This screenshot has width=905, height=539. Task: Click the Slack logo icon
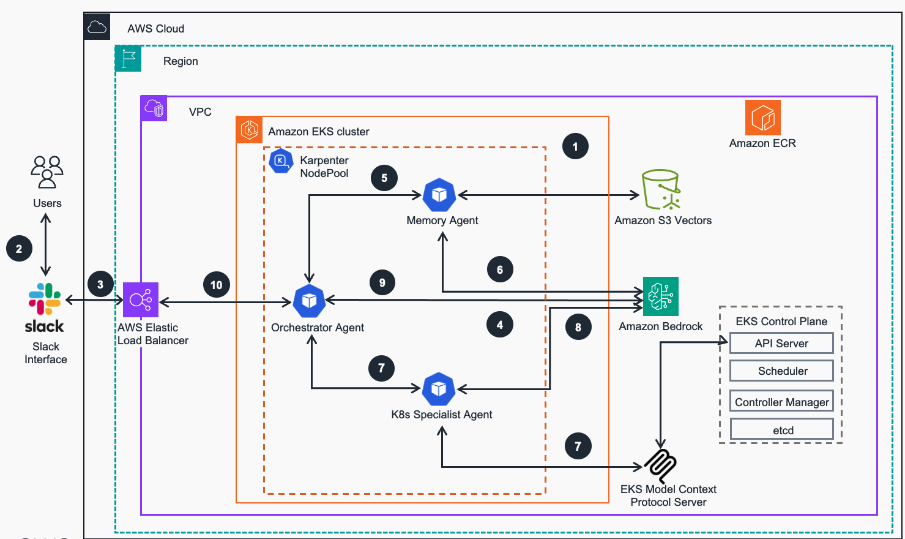pos(45,299)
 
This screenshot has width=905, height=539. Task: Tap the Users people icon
pos(47,171)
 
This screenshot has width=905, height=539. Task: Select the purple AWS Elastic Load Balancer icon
pos(141,300)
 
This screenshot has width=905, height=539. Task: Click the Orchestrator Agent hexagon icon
pos(309,301)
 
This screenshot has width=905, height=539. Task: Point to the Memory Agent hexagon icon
pos(439,195)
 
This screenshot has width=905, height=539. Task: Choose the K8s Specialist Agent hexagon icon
pos(439,389)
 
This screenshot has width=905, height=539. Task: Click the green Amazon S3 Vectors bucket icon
pos(661,190)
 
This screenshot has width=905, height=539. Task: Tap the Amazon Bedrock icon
pos(661,296)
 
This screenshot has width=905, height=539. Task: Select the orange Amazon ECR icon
pos(762,118)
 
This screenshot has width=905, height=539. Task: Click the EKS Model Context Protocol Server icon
pos(661,466)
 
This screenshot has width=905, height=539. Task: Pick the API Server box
pos(781,343)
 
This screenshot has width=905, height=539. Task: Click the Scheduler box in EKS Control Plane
pos(781,371)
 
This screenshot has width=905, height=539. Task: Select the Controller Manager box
pos(781,402)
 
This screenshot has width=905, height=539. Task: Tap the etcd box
pos(781,429)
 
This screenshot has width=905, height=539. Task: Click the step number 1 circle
pos(575,146)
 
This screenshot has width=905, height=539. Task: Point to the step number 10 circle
pos(217,285)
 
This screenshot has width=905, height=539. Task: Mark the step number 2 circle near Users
pos(19,249)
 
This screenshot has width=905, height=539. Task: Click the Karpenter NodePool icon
pos(281,161)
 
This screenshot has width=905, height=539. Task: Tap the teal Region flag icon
pos(128,59)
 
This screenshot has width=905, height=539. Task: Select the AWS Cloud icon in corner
pos(97,27)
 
